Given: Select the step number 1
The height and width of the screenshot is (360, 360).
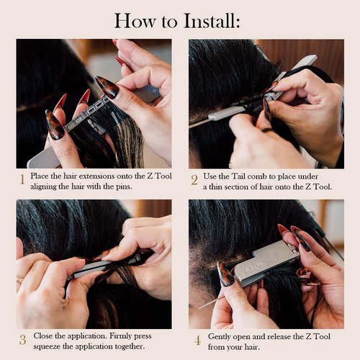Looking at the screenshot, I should tap(22, 179).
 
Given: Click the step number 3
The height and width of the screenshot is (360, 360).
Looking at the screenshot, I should tap(22, 339).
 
